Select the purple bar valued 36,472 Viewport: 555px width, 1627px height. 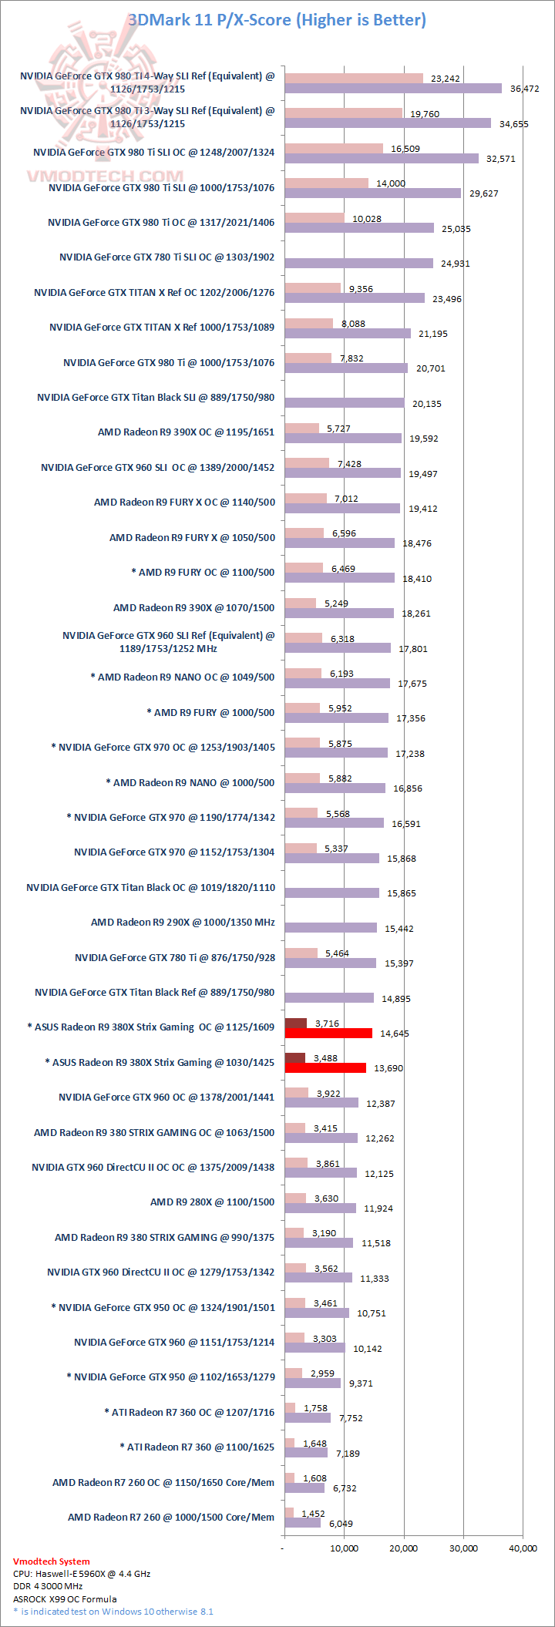click(x=393, y=89)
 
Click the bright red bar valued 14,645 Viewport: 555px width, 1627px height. click(x=328, y=1033)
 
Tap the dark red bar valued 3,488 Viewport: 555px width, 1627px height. click(x=294, y=1058)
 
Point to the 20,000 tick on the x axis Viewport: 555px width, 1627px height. click(x=403, y=1548)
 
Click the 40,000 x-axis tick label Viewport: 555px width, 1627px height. click(x=522, y=1548)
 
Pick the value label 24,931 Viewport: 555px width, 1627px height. click(x=455, y=264)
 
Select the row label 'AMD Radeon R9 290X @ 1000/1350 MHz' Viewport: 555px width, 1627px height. click(x=183, y=923)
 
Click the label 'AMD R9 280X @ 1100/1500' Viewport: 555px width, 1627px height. click(x=212, y=1202)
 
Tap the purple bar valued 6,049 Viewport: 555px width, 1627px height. click(x=302, y=1523)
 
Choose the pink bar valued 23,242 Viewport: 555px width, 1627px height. click(x=354, y=78)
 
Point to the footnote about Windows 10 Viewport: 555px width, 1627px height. click(x=113, y=1612)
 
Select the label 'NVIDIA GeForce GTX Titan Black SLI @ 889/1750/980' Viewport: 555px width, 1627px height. click(x=156, y=398)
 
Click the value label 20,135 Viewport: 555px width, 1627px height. click(x=426, y=404)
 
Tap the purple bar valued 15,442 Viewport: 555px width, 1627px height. click(x=331, y=928)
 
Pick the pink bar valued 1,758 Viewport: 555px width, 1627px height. click(x=290, y=1408)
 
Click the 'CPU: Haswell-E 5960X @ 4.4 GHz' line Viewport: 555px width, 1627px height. click(x=82, y=1574)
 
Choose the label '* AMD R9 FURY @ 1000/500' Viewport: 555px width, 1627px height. click(x=210, y=713)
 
